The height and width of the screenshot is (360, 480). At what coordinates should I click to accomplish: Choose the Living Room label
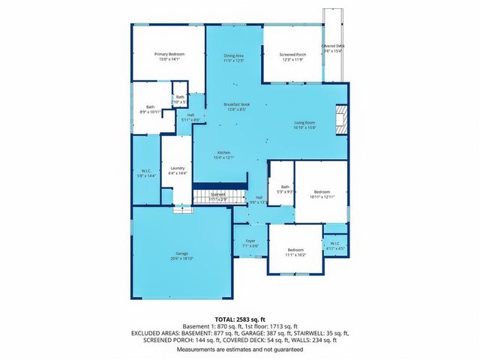304,124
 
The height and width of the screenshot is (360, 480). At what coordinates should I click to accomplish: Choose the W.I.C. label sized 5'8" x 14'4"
146,172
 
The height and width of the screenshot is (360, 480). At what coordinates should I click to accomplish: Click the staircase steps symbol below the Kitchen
220,197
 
